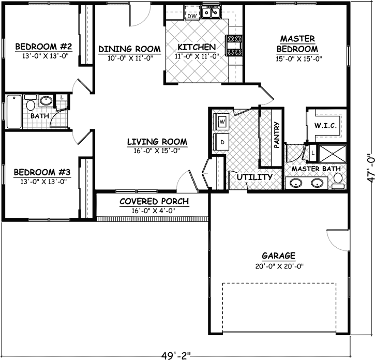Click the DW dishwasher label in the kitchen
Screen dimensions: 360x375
[192, 16]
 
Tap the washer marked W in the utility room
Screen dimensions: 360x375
[222, 122]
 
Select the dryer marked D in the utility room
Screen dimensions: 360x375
[222, 141]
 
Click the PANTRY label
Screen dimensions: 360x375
[277, 136]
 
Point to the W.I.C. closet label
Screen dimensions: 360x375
[326, 126]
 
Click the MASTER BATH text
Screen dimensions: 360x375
[316, 169]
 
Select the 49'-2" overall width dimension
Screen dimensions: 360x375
[176, 355]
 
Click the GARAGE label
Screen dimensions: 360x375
[278, 256]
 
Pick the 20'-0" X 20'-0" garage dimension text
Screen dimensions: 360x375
[278, 266]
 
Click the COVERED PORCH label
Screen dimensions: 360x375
[154, 201]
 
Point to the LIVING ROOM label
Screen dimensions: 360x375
[157, 141]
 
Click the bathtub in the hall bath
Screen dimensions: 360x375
[14, 112]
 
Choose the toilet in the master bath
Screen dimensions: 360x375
[339, 179]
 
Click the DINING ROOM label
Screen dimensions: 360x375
[129, 49]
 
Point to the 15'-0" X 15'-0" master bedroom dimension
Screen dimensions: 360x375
[298, 59]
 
